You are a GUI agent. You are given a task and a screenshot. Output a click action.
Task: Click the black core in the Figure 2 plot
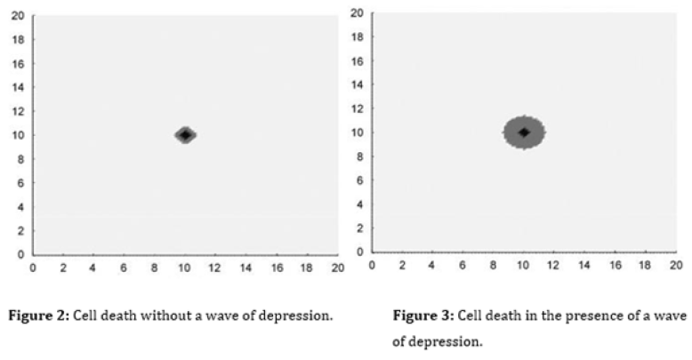tap(184, 135)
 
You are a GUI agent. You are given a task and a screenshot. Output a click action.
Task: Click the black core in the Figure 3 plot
tap(524, 132)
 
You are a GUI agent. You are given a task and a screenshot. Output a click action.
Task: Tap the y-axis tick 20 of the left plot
tap(17, 16)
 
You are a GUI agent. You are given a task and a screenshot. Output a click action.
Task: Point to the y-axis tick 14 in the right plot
tap(357, 84)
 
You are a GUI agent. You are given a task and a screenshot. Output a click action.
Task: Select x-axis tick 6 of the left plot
tap(124, 267)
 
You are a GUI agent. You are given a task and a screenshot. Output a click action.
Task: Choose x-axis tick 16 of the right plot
tap(615, 264)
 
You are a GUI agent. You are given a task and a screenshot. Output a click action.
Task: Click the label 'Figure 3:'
tap(422, 316)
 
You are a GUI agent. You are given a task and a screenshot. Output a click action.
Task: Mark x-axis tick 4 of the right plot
tap(432, 264)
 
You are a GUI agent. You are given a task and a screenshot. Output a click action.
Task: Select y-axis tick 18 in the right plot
tap(357, 37)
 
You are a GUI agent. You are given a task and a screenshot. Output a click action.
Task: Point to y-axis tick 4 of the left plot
tap(20, 207)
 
